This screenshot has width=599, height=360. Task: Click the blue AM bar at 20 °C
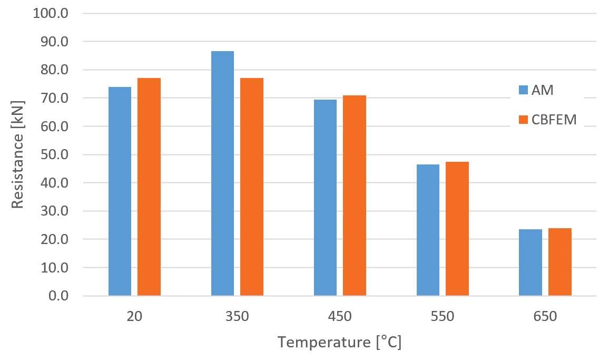click(120, 191)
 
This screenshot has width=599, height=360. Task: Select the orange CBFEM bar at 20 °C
click(149, 187)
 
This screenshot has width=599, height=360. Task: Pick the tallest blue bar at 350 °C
click(222, 173)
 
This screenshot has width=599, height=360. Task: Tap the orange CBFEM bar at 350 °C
click(252, 187)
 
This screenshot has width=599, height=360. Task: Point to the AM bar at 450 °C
click(325, 198)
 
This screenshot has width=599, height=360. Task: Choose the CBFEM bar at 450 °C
click(355, 196)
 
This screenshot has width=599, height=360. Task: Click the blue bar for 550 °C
click(428, 230)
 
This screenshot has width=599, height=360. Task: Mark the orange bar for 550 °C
click(457, 229)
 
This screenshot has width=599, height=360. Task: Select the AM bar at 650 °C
click(531, 262)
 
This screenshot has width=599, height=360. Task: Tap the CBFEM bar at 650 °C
click(559, 262)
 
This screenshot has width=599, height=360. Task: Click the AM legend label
click(543, 90)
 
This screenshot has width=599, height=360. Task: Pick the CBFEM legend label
click(554, 120)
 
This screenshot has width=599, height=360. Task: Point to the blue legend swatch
click(523, 90)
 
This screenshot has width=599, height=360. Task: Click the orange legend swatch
click(523, 120)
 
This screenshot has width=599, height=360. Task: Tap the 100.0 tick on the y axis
click(51, 13)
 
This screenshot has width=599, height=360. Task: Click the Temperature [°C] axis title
click(340, 343)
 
